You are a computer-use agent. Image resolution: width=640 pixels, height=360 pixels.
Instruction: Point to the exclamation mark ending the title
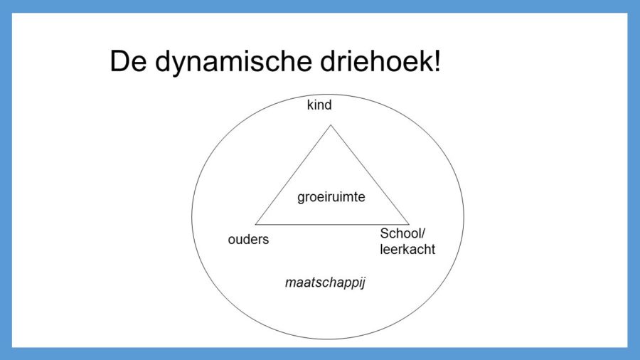click(436, 62)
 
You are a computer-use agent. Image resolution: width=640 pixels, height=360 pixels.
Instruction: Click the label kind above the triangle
click(319, 106)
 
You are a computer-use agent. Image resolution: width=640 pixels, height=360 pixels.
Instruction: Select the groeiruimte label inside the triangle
click(331, 197)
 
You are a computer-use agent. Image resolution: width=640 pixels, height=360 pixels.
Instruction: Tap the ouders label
click(248, 240)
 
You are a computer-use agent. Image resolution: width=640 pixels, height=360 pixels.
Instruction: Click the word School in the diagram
click(400, 234)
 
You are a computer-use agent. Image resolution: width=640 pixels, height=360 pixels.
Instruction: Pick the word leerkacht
click(407, 250)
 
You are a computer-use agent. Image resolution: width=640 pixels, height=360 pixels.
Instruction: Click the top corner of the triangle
click(331, 125)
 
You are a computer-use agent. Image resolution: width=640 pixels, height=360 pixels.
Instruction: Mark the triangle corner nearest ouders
click(255, 224)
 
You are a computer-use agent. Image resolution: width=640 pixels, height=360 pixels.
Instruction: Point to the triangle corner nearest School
click(410, 224)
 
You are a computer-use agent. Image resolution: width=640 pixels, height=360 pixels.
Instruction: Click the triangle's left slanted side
click(293, 174)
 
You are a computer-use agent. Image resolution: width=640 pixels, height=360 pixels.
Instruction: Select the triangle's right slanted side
click(370, 174)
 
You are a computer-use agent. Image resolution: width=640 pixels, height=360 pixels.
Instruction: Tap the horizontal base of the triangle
click(332, 224)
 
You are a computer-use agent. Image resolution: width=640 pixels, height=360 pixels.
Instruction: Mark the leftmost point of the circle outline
click(191, 217)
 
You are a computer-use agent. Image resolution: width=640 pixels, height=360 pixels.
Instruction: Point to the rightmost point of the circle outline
click(464, 217)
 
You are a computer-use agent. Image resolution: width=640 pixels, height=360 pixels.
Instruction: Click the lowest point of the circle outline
click(327, 339)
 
